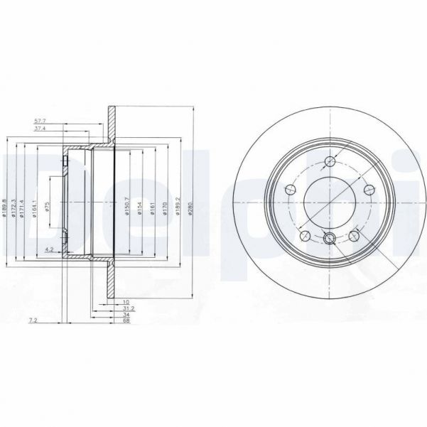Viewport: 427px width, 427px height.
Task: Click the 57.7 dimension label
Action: coord(40,121)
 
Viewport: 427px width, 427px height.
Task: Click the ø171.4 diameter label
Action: coord(24,205)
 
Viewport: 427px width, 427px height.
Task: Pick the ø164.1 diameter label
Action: coord(34,205)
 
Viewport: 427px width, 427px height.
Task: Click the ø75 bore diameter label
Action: coord(48,206)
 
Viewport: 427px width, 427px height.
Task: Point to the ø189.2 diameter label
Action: coord(178,206)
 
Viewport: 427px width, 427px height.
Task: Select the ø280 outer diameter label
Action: coord(192,206)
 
